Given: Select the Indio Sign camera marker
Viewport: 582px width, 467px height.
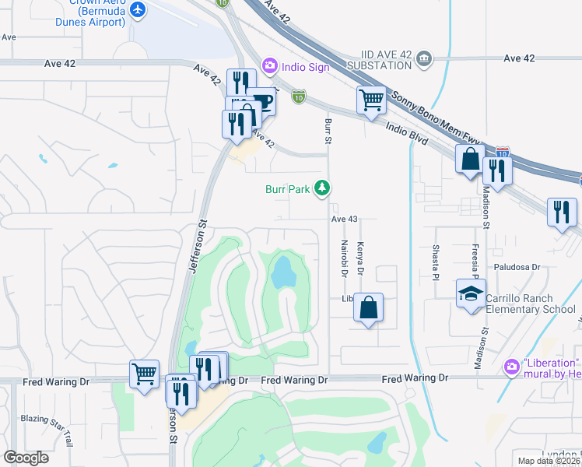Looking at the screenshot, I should tap(270, 66).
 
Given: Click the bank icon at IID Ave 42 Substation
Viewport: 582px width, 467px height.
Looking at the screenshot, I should tap(423, 58).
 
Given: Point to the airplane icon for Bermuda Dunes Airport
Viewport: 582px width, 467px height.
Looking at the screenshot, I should tap(138, 9).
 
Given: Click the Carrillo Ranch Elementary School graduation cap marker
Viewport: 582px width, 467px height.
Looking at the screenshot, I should tap(471, 294).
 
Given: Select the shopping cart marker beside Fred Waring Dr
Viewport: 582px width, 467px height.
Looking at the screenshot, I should tap(145, 374).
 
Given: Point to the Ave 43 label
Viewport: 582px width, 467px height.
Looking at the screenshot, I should tap(344, 219).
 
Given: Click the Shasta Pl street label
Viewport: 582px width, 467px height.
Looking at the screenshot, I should tap(436, 262).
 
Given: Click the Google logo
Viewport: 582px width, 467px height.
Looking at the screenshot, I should tap(26, 458).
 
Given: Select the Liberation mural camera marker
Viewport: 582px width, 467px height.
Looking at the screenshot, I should tap(511, 366).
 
